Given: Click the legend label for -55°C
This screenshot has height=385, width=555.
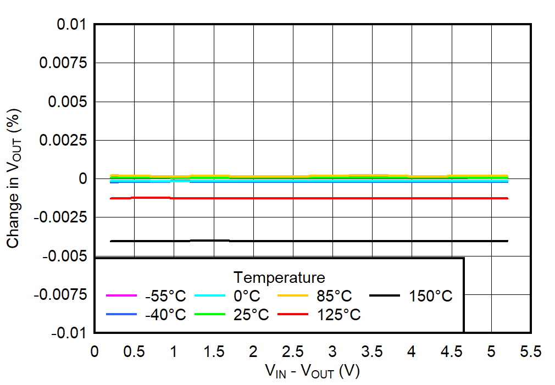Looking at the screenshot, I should (x=165, y=297).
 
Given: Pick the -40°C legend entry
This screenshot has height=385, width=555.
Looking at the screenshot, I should (x=165, y=315).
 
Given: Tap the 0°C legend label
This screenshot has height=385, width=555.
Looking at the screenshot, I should (x=246, y=297).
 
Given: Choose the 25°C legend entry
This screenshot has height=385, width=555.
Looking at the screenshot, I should (x=251, y=315).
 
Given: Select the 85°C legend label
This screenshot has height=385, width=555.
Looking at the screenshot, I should (x=333, y=297).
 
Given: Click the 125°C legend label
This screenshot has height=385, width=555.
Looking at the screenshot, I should (x=337, y=315).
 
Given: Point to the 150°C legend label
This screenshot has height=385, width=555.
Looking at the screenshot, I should (x=430, y=297).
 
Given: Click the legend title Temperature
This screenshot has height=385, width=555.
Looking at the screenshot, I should (x=279, y=276).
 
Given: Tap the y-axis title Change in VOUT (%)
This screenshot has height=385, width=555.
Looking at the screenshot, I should (x=15, y=178).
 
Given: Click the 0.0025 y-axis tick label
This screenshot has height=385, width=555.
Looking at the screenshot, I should (x=63, y=141).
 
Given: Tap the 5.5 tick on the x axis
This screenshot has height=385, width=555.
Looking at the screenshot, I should (x=530, y=351).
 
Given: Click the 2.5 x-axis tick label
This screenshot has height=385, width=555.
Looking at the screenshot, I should (x=292, y=351).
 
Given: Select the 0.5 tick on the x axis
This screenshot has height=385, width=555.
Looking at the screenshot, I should (x=134, y=351).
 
